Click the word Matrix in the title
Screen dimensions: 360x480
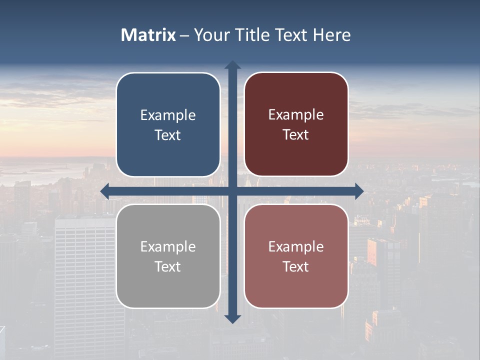[148, 35]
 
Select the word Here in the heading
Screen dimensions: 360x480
[332, 35]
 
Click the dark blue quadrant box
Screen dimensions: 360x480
[168, 124]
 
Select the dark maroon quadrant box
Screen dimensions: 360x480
[296, 124]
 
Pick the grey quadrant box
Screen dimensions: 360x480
[168, 256]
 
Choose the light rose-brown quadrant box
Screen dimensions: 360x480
[296, 256]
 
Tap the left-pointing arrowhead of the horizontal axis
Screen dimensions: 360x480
[105, 191]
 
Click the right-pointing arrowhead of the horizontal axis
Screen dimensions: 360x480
[359, 191]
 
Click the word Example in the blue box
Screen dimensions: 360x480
[168, 115]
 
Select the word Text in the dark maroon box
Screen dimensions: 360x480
[296, 135]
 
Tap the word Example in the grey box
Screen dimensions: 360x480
[168, 247]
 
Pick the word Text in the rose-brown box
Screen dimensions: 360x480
[296, 267]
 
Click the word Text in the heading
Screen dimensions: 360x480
[290, 35]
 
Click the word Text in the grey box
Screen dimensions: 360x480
[168, 267]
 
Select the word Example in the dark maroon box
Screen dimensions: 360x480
[296, 115]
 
